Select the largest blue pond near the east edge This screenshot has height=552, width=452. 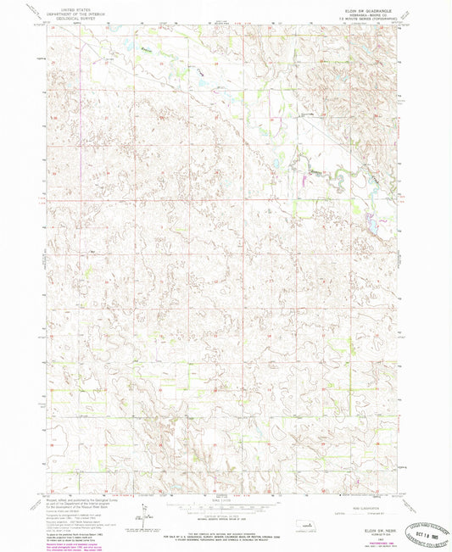[371, 225]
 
